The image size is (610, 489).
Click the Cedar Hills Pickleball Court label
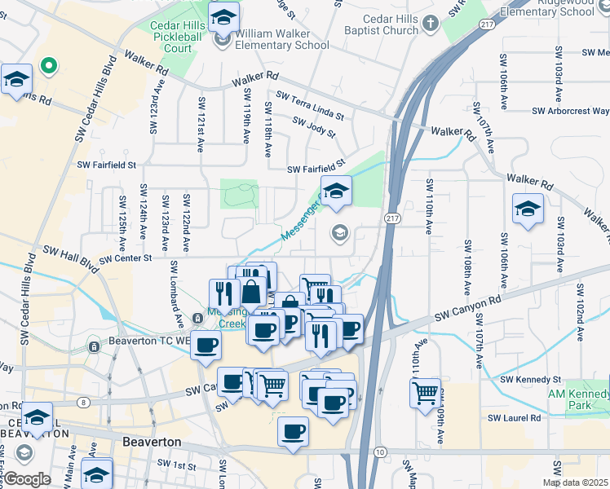[x=172, y=37]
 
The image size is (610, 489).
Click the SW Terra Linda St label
[x=310, y=107]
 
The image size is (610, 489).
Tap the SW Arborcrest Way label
[x=570, y=111]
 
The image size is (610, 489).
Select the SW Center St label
[x=126, y=259]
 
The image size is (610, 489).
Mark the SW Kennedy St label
[x=531, y=379]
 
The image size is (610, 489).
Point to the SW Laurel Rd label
[x=515, y=418]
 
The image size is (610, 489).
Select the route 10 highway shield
[x=380, y=452]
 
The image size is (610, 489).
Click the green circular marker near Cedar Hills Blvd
[x=48, y=66]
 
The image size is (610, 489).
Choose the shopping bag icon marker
[x=254, y=291]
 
